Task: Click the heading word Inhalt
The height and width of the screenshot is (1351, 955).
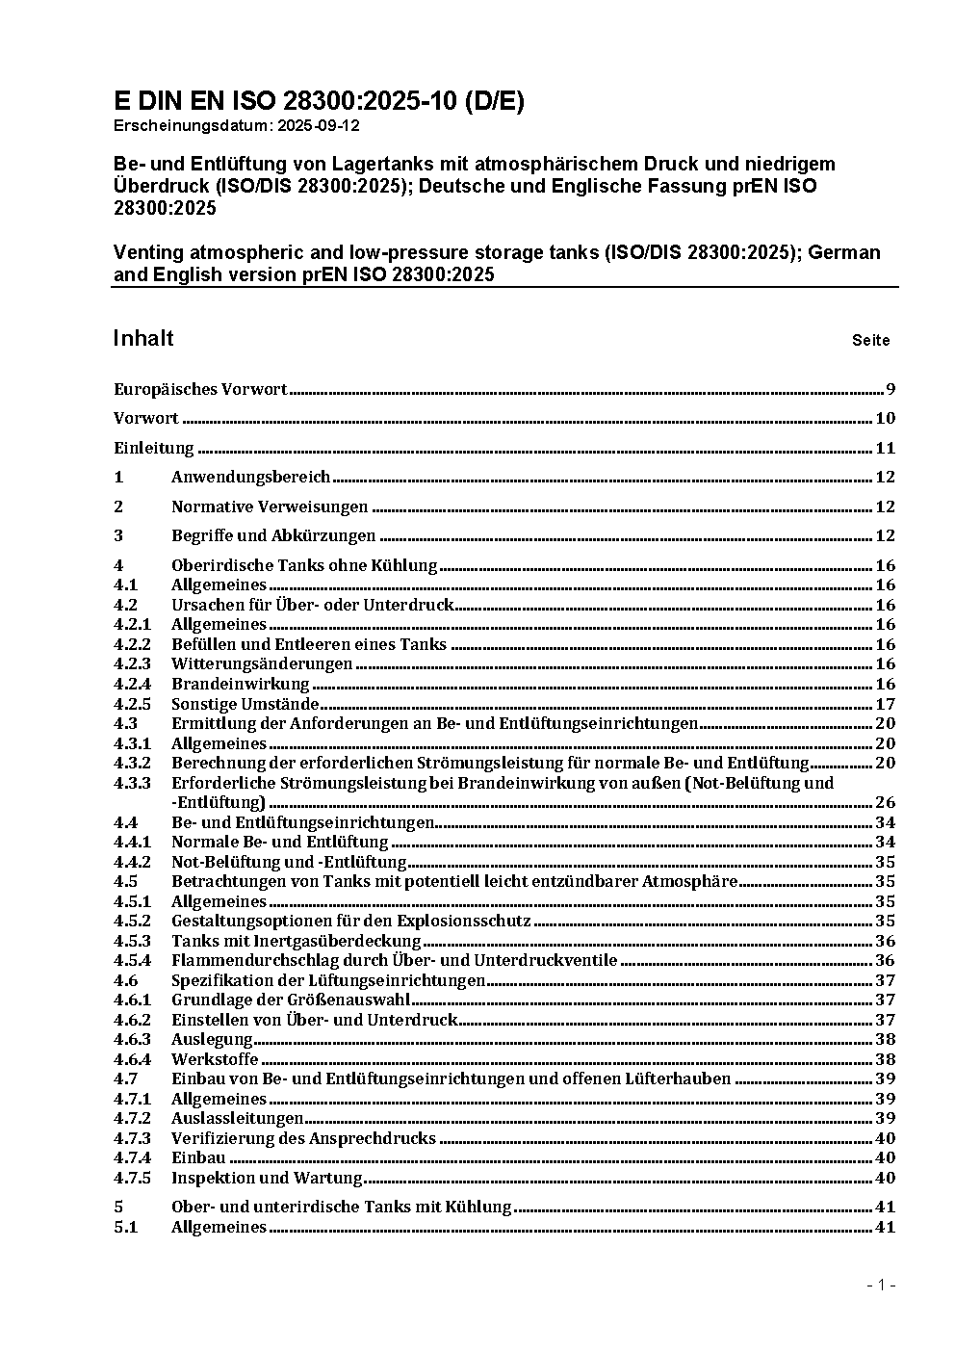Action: (x=143, y=338)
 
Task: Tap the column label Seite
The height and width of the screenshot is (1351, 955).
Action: (x=870, y=340)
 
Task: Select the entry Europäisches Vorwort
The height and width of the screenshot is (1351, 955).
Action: (x=200, y=389)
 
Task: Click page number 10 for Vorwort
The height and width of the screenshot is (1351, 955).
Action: (x=885, y=418)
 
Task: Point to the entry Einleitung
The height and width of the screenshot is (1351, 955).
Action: (x=154, y=448)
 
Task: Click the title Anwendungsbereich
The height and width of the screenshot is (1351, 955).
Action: (x=250, y=477)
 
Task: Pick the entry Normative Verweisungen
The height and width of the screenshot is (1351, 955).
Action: (x=270, y=507)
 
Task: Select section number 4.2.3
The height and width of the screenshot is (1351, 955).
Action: (x=132, y=663)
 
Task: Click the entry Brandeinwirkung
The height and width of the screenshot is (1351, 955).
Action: (x=240, y=684)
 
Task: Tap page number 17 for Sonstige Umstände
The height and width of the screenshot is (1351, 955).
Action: (x=885, y=704)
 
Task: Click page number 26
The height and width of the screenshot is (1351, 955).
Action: (x=885, y=802)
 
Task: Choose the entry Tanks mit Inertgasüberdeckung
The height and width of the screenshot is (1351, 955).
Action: (x=296, y=941)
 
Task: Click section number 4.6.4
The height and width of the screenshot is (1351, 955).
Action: (x=132, y=1059)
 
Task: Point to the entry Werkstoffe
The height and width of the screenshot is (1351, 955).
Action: (x=214, y=1059)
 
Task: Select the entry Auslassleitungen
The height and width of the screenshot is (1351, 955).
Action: (x=237, y=1118)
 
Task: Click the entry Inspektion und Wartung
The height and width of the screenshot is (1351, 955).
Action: (x=267, y=1178)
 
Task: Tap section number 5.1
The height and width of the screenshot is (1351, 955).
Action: (x=125, y=1227)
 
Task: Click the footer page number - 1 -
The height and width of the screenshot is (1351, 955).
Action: (x=881, y=1285)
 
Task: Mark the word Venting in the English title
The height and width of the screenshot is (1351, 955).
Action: (x=147, y=252)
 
